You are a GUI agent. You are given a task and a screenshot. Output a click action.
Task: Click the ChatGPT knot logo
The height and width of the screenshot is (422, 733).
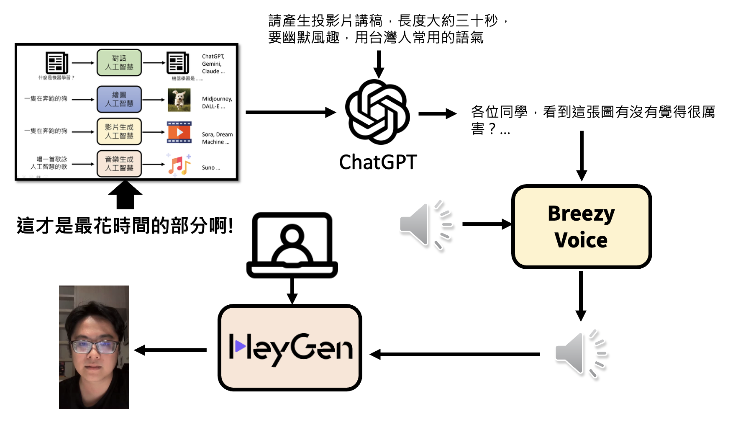click(x=377, y=112)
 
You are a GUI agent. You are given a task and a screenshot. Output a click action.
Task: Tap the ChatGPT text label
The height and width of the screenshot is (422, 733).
click(x=378, y=162)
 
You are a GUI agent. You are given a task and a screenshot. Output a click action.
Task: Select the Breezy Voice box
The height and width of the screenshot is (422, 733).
click(x=581, y=226)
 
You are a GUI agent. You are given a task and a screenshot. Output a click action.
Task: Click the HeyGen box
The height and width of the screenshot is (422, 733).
click(x=290, y=347)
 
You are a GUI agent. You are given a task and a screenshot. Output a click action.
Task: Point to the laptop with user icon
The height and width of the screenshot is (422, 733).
click(x=292, y=245)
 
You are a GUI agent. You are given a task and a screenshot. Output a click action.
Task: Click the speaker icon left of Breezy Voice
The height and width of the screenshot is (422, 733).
click(x=425, y=224)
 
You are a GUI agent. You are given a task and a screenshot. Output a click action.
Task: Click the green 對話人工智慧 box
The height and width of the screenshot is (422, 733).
click(x=119, y=63)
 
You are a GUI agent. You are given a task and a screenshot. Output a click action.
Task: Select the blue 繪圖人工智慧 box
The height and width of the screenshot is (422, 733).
click(x=119, y=99)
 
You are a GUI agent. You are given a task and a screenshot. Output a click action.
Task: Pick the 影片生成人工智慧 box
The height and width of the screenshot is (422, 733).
click(x=119, y=131)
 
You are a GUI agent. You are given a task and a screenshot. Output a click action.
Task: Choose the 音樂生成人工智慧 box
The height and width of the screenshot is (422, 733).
click(x=119, y=164)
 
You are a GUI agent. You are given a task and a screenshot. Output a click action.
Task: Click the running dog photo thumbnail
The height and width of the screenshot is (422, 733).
click(x=179, y=100)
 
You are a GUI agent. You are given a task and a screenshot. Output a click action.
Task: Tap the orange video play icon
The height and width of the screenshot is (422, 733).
click(x=179, y=132)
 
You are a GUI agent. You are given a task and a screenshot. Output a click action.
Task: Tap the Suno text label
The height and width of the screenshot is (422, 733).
click(x=210, y=167)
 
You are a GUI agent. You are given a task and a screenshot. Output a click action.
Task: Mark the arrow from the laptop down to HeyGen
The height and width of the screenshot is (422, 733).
click(x=292, y=291)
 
